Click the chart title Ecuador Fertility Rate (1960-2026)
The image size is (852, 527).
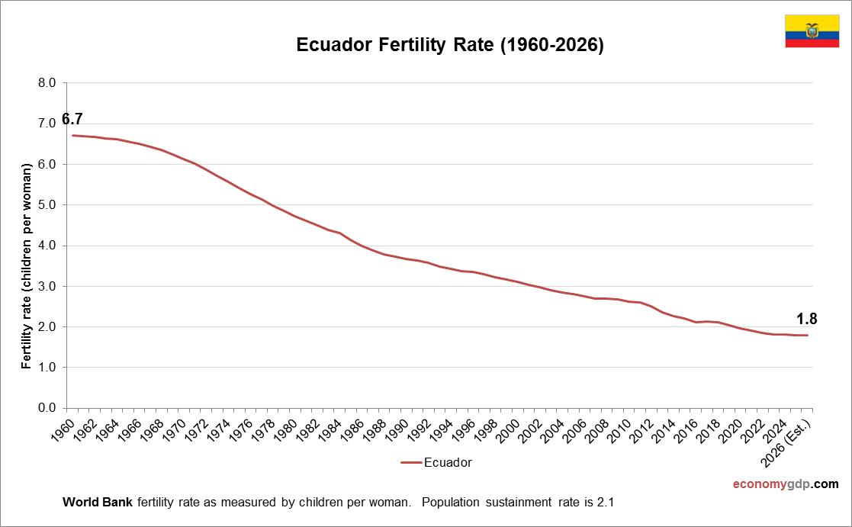tap(450, 46)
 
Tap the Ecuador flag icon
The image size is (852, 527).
tap(812, 31)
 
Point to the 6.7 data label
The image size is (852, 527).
tap(72, 119)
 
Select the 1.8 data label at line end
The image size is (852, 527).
tap(806, 319)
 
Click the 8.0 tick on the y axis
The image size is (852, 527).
tap(47, 83)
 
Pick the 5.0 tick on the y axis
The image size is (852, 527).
tap(47, 205)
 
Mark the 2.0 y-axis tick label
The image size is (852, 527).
tap(47, 326)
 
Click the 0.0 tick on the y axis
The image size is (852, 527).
tap(47, 408)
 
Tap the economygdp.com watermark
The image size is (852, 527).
tap(785, 484)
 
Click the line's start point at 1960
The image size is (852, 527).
tap(72, 135)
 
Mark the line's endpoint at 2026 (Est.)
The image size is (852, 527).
tap(807, 336)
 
